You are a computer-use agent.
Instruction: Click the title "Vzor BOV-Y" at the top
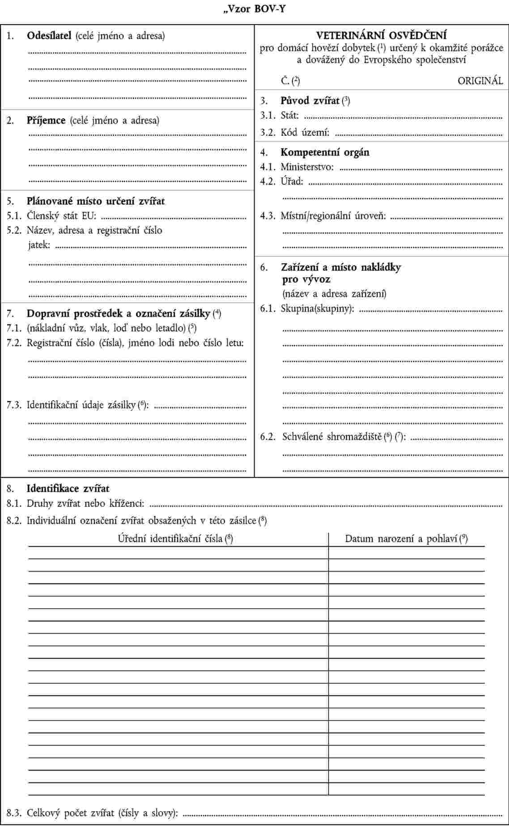coord(254,8)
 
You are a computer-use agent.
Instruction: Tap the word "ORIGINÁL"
coord(480,81)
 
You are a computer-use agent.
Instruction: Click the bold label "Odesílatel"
coord(49,36)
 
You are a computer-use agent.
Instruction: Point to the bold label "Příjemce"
coord(46,120)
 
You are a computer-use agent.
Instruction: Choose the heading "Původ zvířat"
coord(310,101)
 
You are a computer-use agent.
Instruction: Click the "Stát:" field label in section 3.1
coord(289,116)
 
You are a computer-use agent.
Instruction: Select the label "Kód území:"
coord(305,133)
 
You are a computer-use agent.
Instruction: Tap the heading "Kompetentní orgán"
coord(325,152)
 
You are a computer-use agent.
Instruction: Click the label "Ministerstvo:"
coord(307,167)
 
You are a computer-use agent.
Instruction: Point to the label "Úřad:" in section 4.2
coord(292,182)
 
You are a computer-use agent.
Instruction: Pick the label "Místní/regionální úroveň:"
coord(333,216)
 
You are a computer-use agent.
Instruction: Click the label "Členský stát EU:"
coord(61,216)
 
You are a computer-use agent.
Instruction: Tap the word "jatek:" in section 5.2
coord(39,245)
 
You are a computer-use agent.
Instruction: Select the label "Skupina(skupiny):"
coord(317,309)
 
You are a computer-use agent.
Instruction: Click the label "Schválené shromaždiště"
coord(331,437)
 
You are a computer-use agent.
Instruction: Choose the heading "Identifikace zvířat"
coord(68,489)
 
